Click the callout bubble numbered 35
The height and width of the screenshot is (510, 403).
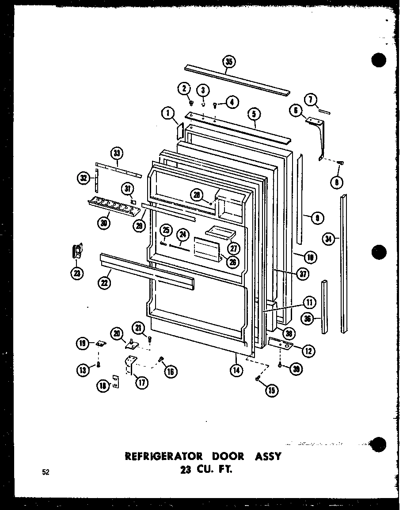pos(228,62)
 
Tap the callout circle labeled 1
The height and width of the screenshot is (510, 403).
pos(167,114)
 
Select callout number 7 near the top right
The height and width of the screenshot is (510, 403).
pos(311,100)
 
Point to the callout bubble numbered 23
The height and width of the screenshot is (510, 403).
pos(77,274)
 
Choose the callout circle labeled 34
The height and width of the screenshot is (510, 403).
pos(327,240)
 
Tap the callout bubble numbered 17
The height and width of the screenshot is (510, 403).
pos(141,383)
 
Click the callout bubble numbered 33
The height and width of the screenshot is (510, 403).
pos(117,154)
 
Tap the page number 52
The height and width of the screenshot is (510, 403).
pos(46,472)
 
